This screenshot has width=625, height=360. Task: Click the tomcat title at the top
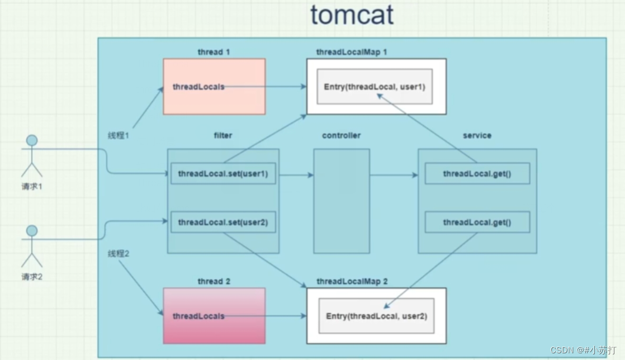[352, 15]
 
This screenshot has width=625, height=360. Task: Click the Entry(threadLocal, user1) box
[375, 87]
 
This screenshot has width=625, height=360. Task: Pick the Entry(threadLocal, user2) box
[376, 316]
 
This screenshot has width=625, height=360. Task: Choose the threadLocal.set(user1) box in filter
[223, 174]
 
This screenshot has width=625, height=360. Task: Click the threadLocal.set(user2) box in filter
[223, 222]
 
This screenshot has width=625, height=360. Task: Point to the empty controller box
[341, 201]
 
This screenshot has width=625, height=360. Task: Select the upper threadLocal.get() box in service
[477, 174]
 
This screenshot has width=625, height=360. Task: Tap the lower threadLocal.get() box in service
[477, 222]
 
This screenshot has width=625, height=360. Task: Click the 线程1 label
[119, 135]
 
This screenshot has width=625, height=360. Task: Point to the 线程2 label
[119, 254]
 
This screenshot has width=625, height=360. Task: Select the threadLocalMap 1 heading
[352, 52]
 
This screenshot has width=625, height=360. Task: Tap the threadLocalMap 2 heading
[352, 281]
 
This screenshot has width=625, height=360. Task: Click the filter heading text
[223, 135]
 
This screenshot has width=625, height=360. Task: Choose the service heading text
[477, 135]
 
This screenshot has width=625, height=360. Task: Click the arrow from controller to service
[394, 175]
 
